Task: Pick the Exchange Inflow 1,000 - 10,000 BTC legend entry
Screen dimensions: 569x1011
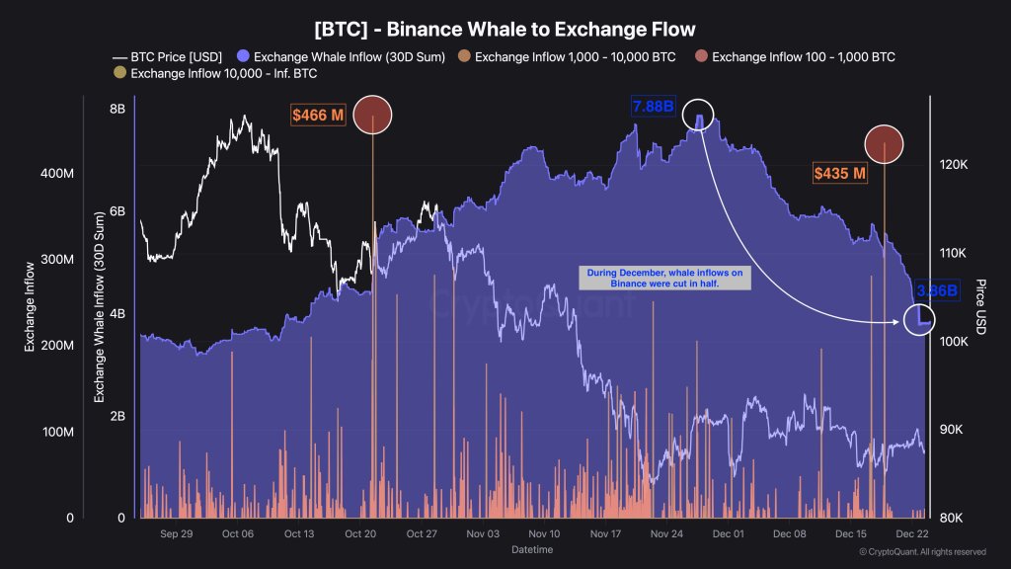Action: point(567,57)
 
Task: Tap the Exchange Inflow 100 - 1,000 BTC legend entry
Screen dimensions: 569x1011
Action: point(796,57)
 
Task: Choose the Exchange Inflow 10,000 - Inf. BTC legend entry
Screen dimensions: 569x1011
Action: point(218,74)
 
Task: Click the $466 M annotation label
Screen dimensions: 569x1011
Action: point(318,116)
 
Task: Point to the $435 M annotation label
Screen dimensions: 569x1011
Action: point(839,174)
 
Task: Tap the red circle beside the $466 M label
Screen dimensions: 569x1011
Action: point(373,116)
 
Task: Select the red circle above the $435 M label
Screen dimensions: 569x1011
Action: point(884,143)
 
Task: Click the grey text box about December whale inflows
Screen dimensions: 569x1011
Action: point(664,279)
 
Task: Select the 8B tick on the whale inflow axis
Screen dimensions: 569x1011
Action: point(116,110)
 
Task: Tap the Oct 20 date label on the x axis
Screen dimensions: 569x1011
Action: point(360,533)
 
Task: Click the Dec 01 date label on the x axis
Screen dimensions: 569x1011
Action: point(728,533)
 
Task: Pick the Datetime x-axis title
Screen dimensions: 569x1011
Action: point(532,549)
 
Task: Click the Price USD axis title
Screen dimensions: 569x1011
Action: point(978,306)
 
